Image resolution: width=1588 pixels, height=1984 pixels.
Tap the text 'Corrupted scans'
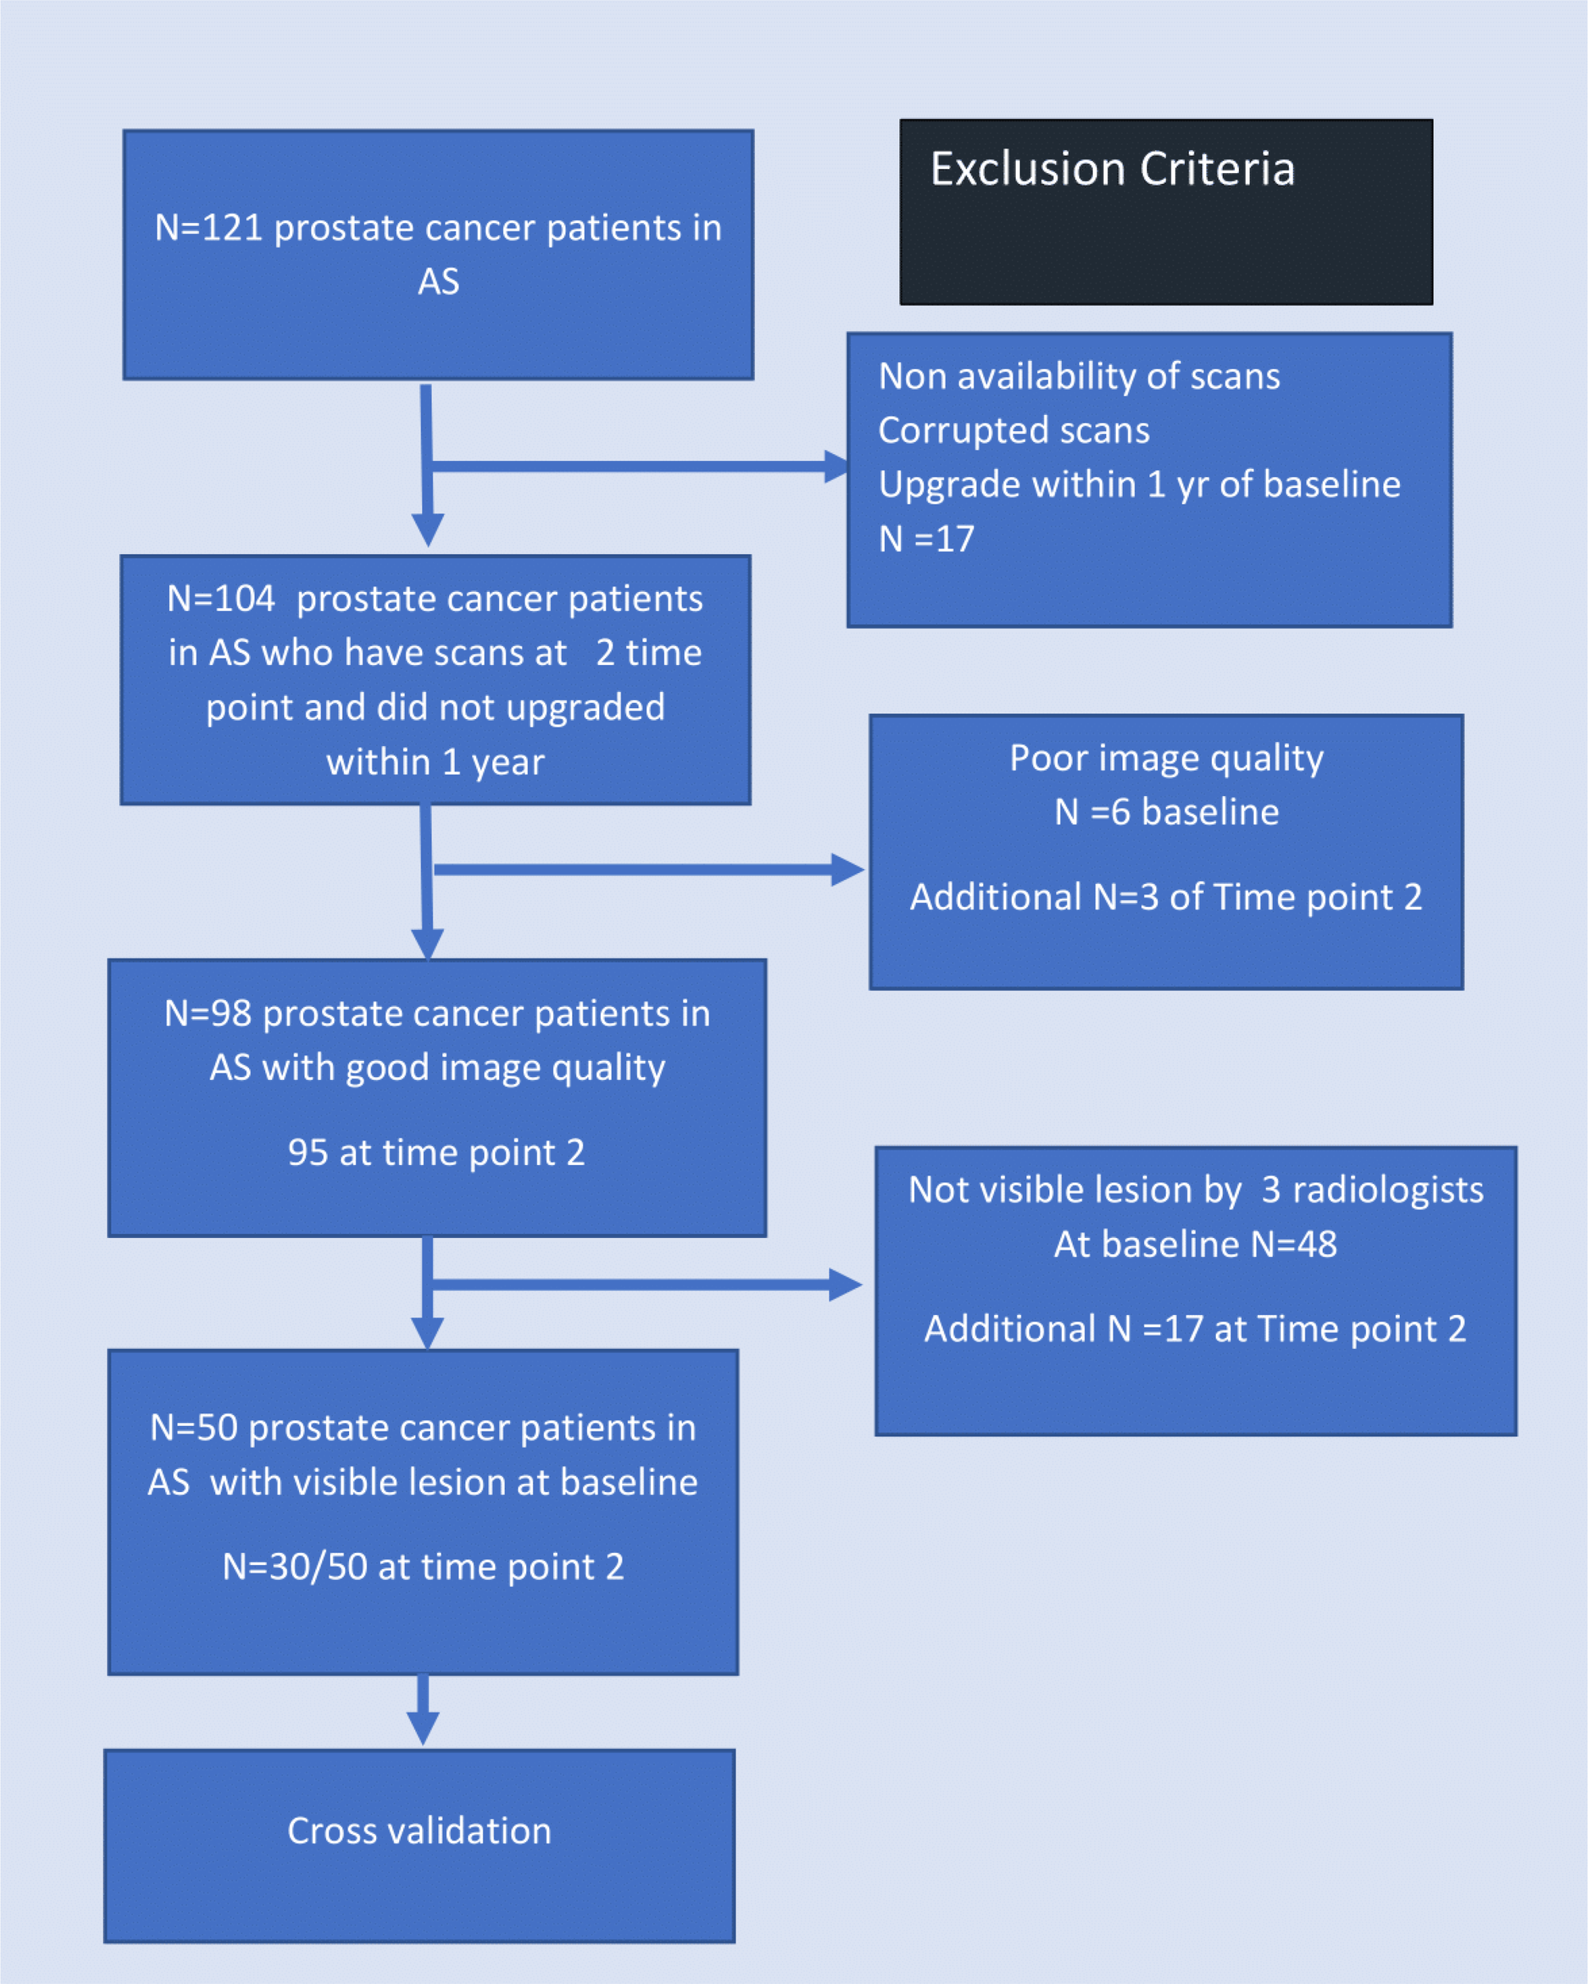tap(1013, 431)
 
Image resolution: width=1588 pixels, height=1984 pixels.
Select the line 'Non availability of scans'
tap(1079, 376)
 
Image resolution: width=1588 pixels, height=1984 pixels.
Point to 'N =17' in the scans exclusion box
tap(925, 539)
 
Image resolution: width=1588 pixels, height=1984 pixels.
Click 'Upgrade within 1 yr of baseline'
tap(1138, 485)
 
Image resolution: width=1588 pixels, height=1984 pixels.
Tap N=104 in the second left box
tap(221, 599)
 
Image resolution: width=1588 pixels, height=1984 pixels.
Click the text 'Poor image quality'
tap(1166, 758)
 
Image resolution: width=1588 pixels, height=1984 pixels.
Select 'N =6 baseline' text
tap(1166, 813)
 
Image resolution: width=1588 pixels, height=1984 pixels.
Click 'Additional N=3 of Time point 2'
tap(1166, 898)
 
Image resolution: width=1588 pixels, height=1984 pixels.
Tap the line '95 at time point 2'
tap(436, 1153)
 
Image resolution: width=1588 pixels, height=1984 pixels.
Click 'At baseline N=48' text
tap(1194, 1244)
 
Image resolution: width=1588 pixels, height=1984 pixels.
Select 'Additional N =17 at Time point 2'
tap(1194, 1328)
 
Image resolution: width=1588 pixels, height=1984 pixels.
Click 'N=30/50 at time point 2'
tap(423, 1567)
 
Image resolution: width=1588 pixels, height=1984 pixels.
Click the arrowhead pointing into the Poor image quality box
tap(848, 870)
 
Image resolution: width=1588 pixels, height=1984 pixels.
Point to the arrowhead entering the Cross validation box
tap(422, 1728)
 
